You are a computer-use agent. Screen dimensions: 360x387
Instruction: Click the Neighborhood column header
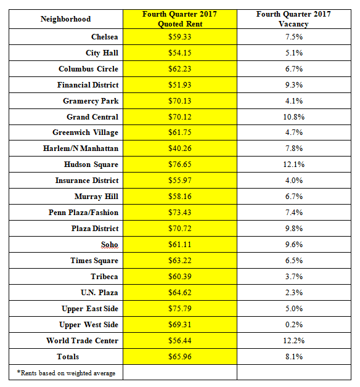coord(66,19)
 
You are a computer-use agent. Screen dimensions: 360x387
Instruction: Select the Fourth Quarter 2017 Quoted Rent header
coord(180,19)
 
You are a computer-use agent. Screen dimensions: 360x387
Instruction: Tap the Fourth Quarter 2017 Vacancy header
coord(293,19)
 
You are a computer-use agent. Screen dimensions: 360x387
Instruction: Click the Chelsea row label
coord(105,37)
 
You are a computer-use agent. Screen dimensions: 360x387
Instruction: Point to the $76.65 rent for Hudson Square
coord(180,165)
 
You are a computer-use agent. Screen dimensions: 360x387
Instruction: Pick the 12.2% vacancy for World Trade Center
coord(294,341)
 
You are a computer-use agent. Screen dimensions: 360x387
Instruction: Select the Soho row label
coord(109,245)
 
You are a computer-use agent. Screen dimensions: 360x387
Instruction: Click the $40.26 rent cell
coord(180,149)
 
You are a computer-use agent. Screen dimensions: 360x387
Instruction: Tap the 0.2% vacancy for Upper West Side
coord(294,325)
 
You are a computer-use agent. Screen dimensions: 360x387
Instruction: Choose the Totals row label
coord(68,357)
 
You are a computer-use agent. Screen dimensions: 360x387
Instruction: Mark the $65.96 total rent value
coord(180,357)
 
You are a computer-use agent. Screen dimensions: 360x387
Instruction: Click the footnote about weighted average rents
coord(66,373)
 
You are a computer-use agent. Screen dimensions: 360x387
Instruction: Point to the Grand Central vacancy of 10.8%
coord(294,117)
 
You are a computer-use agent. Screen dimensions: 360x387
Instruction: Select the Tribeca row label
coord(104,277)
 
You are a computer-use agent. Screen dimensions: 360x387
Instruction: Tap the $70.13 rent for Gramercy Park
coord(180,101)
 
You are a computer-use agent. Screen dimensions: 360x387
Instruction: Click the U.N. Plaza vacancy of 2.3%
coord(294,293)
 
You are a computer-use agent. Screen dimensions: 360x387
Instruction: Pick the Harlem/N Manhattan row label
coord(81,149)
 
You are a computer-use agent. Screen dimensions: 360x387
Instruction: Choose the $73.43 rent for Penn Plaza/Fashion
coord(180,213)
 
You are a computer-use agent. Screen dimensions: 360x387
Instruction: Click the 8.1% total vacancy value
coord(294,357)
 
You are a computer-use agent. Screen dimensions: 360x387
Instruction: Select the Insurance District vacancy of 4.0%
coord(294,181)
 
